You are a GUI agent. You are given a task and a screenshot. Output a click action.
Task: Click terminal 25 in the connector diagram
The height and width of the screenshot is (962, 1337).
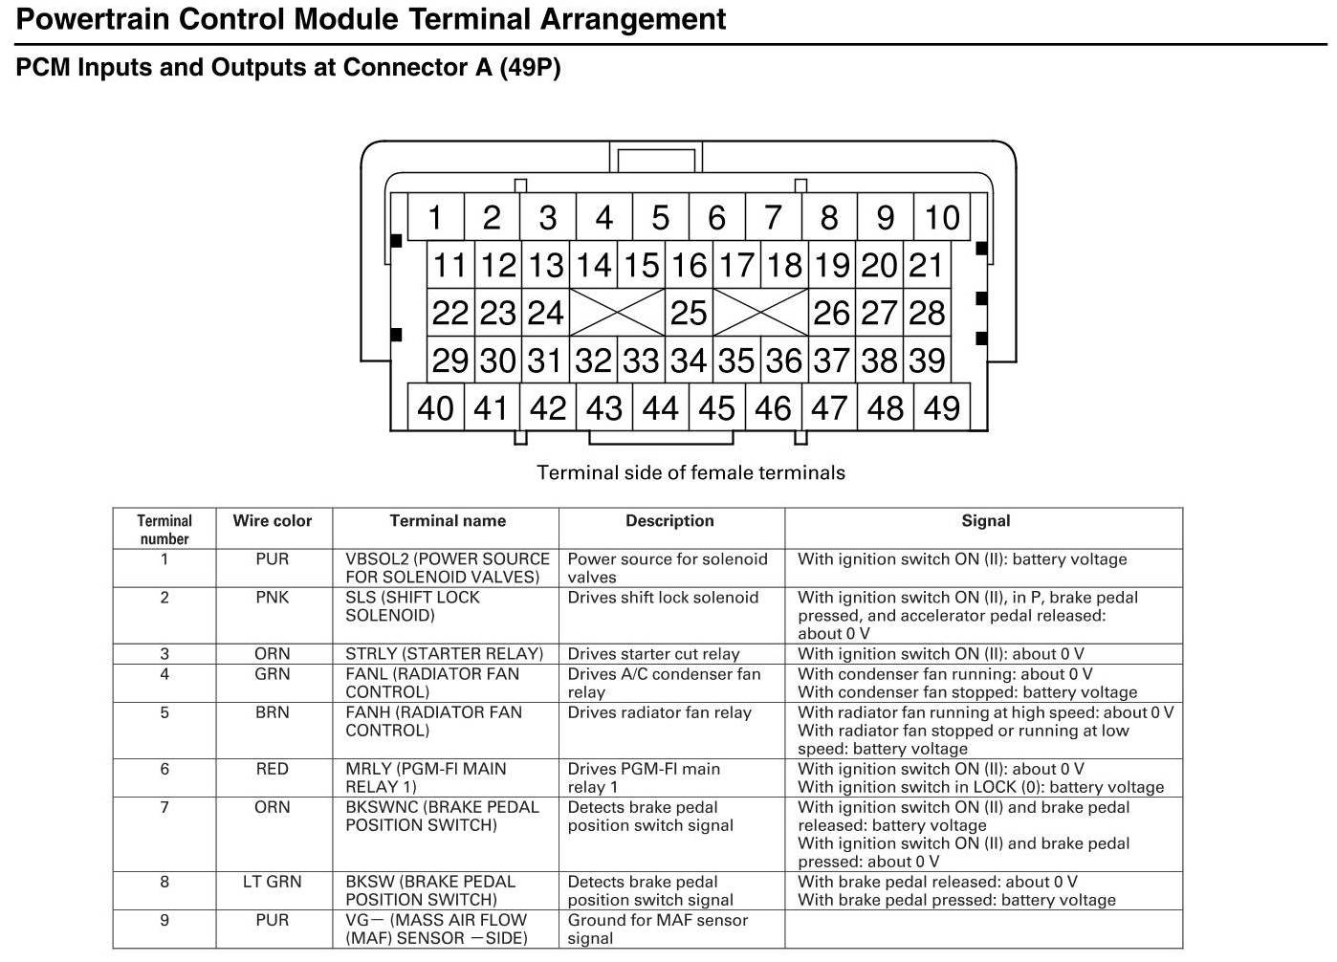pyautogui.click(x=688, y=313)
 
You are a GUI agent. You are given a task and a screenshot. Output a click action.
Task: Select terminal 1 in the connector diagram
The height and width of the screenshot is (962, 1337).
pyautogui.click(x=435, y=218)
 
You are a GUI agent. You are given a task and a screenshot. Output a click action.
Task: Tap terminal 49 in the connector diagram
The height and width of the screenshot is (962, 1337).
pyautogui.click(x=941, y=408)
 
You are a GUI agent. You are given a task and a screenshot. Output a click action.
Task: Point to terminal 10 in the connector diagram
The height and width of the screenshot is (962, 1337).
pyautogui.click(x=941, y=218)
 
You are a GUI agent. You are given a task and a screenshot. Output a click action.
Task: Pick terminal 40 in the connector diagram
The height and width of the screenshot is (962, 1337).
pyautogui.click(x=435, y=408)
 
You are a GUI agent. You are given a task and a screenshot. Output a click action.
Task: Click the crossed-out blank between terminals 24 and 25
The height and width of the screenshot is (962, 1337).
pyautogui.click(x=616, y=313)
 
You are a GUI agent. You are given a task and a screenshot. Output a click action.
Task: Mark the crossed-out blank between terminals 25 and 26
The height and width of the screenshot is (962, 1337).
pyautogui.click(x=760, y=313)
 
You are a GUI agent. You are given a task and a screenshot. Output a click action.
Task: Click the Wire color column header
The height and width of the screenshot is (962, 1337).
pyautogui.click(x=272, y=521)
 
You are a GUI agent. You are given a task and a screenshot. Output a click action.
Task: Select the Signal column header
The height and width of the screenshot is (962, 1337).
pyautogui.click(x=985, y=521)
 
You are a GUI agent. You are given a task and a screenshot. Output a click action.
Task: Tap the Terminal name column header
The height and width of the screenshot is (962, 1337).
pyautogui.click(x=448, y=521)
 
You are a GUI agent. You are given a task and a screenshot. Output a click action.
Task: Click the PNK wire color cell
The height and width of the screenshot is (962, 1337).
pyautogui.click(x=272, y=598)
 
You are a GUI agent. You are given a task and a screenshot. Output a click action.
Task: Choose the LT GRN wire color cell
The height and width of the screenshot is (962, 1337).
pyautogui.click(x=272, y=882)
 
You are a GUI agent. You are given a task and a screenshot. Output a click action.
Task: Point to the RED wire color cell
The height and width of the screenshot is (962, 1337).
pyautogui.click(x=272, y=769)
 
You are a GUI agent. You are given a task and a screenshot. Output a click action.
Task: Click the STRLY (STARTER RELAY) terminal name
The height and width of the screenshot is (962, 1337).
pyautogui.click(x=444, y=654)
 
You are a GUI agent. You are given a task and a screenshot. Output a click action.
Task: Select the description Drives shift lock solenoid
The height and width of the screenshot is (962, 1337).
pyautogui.click(x=663, y=598)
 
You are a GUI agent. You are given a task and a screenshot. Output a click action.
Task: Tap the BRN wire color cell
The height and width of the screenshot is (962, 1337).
pyautogui.click(x=272, y=712)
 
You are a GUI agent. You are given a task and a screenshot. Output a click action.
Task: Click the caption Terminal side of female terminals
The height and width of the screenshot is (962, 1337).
pyautogui.click(x=690, y=472)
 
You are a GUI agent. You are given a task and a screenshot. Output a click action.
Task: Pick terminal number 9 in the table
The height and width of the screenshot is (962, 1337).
pyautogui.click(x=164, y=920)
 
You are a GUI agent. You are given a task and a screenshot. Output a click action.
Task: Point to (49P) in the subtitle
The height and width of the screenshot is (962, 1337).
pyautogui.click(x=530, y=68)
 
